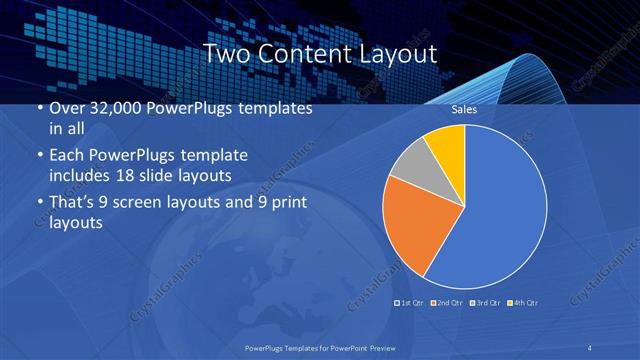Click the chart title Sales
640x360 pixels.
(x=463, y=109)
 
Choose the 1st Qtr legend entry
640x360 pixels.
(x=410, y=301)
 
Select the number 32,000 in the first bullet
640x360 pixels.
(x=110, y=109)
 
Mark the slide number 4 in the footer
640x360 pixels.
(x=590, y=347)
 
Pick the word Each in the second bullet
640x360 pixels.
(x=67, y=157)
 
